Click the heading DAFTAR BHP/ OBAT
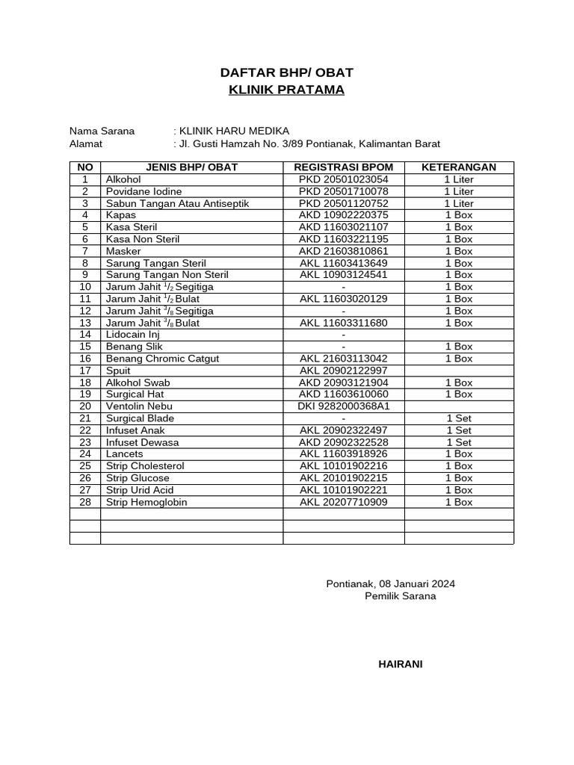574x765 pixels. pyautogui.click(x=286, y=72)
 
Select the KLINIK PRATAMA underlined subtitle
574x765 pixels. pyautogui.click(x=286, y=90)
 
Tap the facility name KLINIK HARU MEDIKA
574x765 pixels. pyautogui.click(x=232, y=131)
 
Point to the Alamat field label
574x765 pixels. pyautogui.click(x=86, y=144)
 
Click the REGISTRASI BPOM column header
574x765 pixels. pyautogui.click(x=344, y=167)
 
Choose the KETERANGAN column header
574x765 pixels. pyautogui.click(x=458, y=167)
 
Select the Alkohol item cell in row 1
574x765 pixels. pyautogui.click(x=123, y=179)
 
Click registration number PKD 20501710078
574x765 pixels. pyautogui.click(x=344, y=191)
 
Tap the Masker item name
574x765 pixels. pyautogui.click(x=123, y=251)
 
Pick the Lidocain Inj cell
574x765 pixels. pyautogui.click(x=133, y=335)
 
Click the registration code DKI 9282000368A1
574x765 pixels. pyautogui.click(x=344, y=406)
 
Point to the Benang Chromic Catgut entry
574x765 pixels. pyautogui.click(x=162, y=359)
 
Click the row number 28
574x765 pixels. pyautogui.click(x=85, y=502)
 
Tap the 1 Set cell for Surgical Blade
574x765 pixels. pyautogui.click(x=458, y=418)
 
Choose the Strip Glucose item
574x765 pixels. pyautogui.click(x=138, y=478)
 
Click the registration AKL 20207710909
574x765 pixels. pyautogui.click(x=344, y=502)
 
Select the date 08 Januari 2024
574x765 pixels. pyautogui.click(x=417, y=583)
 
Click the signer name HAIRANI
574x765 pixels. pyautogui.click(x=400, y=664)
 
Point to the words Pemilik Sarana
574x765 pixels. pyautogui.click(x=400, y=596)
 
